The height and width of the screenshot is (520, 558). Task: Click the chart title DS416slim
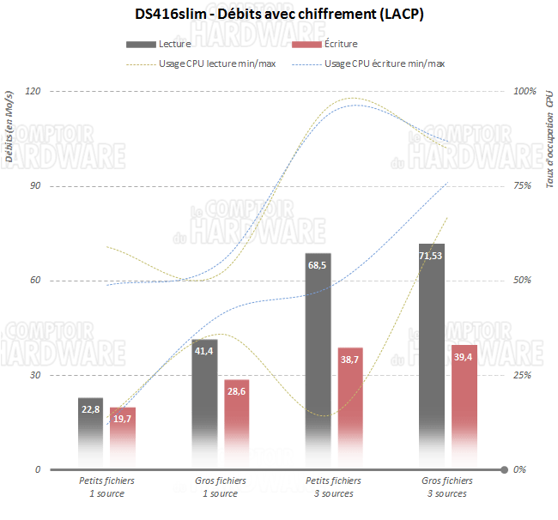click(x=279, y=15)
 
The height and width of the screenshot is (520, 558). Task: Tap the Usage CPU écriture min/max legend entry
click(x=385, y=63)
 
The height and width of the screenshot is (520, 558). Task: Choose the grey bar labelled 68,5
click(x=318, y=360)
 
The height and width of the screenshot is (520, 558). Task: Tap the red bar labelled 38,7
click(x=350, y=408)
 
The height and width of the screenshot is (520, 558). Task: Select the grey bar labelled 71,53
click(x=432, y=356)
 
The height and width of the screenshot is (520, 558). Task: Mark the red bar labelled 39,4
click(x=464, y=407)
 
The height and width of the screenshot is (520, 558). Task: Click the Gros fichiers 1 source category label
click(x=221, y=487)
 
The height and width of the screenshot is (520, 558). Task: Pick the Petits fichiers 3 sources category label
click(x=334, y=487)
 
